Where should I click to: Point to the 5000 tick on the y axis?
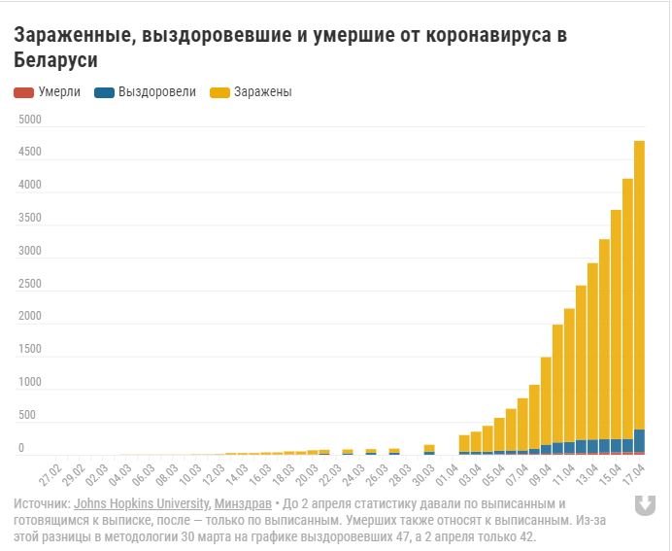(30, 120)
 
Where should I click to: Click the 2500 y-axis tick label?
(30, 284)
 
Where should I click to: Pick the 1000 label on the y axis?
(30, 383)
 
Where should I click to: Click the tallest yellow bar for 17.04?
(639, 282)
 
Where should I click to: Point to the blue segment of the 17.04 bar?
(639, 440)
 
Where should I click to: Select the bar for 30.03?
(429, 449)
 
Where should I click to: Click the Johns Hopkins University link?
(140, 503)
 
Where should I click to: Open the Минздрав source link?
(240, 503)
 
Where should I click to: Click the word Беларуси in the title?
(56, 60)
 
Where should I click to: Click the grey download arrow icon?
(644, 505)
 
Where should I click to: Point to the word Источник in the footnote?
(41, 503)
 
